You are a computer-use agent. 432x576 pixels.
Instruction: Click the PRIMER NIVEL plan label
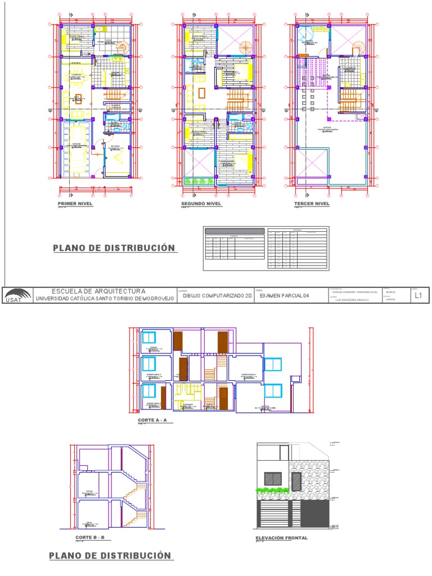click(75, 204)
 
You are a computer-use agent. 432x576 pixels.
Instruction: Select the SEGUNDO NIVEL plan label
click(201, 204)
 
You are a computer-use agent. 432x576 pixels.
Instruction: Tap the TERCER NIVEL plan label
click(311, 204)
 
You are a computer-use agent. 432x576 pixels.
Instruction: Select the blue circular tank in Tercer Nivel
click(305, 33)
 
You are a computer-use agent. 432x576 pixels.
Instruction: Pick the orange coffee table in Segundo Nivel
click(201, 92)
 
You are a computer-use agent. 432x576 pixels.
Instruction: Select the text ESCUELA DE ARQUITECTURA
click(98, 291)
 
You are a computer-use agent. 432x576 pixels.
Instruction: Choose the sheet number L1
click(418, 295)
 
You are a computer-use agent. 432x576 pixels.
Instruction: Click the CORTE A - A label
click(154, 420)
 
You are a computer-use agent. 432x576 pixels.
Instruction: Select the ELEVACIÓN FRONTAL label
click(282, 538)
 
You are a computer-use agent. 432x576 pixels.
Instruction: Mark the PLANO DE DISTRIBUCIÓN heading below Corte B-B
click(110, 556)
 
